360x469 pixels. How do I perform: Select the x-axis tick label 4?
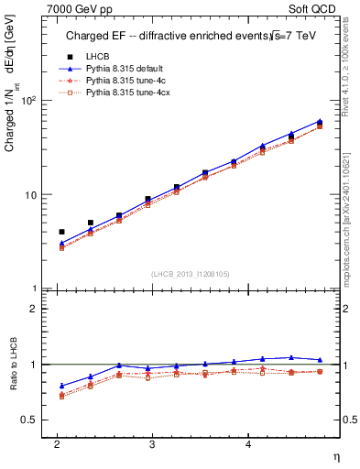pyautogui.click(x=247, y=444)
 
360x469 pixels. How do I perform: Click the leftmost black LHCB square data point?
pyautogui.click(x=61, y=232)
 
